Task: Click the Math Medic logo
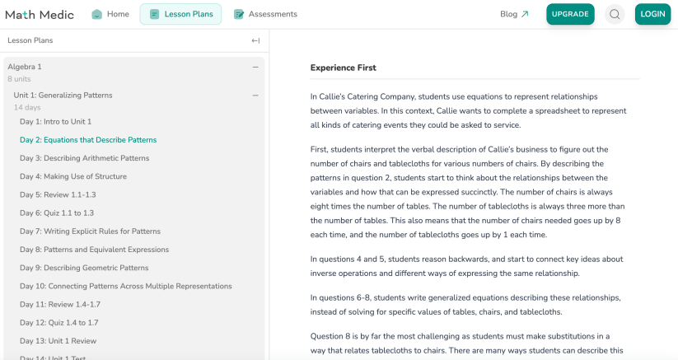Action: click(x=40, y=14)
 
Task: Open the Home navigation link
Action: click(x=111, y=14)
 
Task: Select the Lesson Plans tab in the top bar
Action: click(x=181, y=14)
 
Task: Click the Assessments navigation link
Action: click(x=265, y=14)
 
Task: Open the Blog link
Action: click(x=514, y=14)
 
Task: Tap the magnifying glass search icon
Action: click(x=615, y=14)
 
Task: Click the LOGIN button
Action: click(x=652, y=14)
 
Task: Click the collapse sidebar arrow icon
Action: click(x=255, y=40)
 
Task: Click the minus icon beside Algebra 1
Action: click(x=255, y=67)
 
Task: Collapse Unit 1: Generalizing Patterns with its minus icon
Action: click(x=255, y=96)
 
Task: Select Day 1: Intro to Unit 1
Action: click(x=55, y=122)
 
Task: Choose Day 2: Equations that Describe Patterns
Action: click(x=88, y=140)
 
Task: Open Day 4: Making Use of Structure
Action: click(x=73, y=176)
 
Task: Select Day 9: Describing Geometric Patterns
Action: click(x=84, y=268)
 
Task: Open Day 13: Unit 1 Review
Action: click(x=58, y=341)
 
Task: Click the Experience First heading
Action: click(x=343, y=68)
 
